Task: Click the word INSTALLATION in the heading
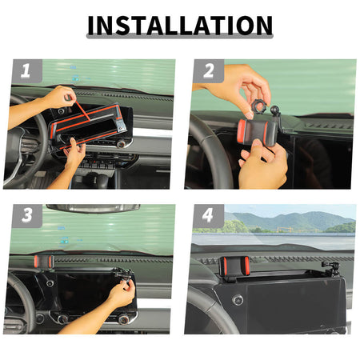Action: (180, 26)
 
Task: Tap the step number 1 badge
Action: (26, 70)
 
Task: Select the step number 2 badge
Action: (209, 70)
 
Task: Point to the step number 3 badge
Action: (26, 215)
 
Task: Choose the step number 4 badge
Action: (209, 215)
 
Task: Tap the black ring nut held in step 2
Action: (259, 106)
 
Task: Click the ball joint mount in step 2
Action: (274, 110)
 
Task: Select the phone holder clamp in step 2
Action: (258, 132)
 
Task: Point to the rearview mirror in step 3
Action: (93, 208)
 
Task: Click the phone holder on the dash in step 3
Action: (44, 262)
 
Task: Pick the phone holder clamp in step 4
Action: (234, 266)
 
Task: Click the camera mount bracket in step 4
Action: (330, 268)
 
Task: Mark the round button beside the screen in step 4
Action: (238, 300)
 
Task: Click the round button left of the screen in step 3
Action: (50, 283)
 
